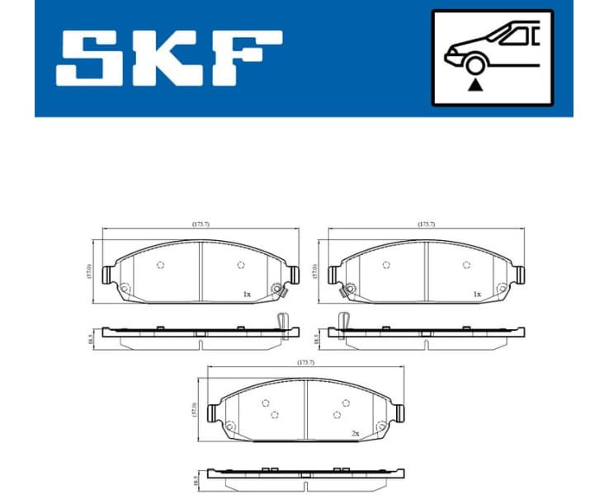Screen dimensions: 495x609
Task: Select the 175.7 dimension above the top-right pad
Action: pyautogui.click(x=425, y=224)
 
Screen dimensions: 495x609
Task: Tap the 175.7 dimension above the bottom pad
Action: pyautogui.click(x=306, y=362)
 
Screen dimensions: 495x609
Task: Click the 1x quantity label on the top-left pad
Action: pyautogui.click(x=246, y=294)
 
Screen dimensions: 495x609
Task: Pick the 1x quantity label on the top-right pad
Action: pyautogui.click(x=476, y=294)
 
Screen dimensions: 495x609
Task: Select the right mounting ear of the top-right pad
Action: pyautogui.click(x=520, y=273)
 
